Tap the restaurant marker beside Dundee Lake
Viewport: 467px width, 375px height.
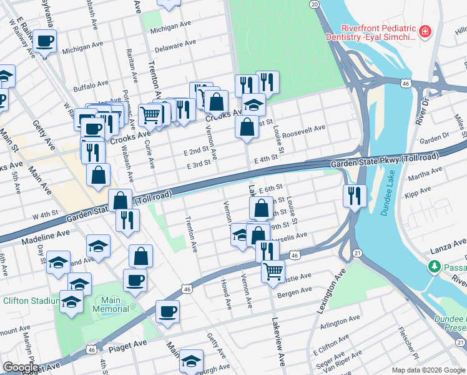pyautogui.click(x=354, y=195)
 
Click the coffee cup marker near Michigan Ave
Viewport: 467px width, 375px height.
pyautogui.click(x=44, y=42)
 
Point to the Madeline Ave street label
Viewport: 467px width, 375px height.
pyautogui.click(x=46, y=236)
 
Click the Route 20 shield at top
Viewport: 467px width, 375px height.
pyautogui.click(x=314, y=4)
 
